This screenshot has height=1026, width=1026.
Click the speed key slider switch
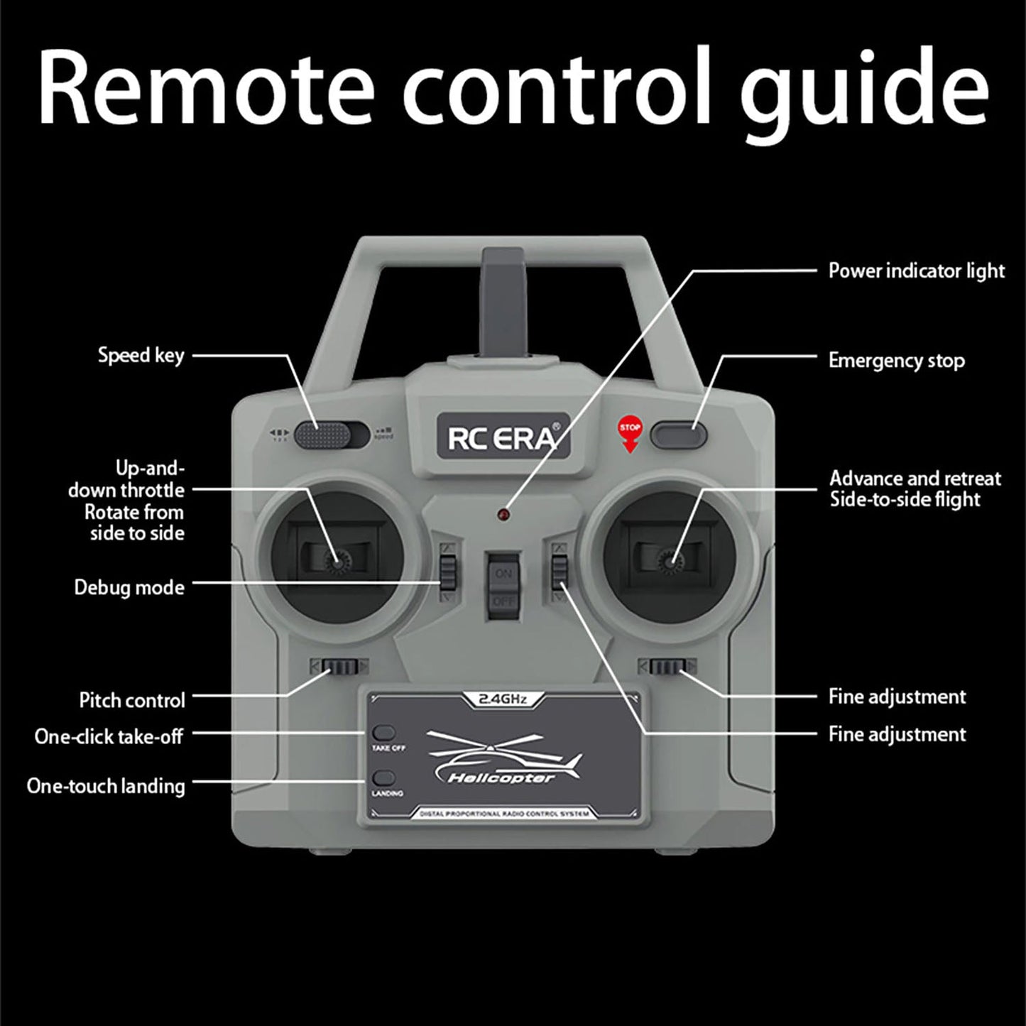coord(331,435)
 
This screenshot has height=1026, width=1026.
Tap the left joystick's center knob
coord(334,562)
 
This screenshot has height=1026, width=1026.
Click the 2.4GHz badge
coord(503,699)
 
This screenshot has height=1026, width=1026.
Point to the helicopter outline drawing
coord(503,757)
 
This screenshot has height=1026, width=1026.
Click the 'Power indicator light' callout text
coord(916,271)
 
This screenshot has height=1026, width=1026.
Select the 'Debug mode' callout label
coord(129,588)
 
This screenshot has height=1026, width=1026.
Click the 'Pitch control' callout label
coord(132,700)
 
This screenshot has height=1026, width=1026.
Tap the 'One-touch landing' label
coord(106,786)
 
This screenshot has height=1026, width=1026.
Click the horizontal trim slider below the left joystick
coord(339,667)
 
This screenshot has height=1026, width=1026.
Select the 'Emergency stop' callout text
coord(896,361)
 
